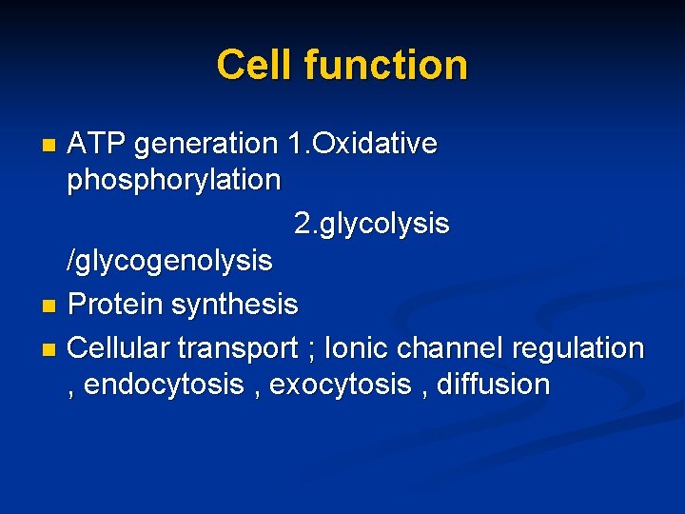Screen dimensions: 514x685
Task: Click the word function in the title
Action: [385, 66]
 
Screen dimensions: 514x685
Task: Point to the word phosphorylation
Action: [174, 180]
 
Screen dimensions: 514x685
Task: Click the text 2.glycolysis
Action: [372, 225]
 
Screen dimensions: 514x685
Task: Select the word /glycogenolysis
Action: [169, 260]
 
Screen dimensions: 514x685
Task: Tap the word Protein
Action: [116, 305]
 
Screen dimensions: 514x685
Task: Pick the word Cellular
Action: [123, 348]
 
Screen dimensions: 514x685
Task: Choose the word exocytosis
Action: [342, 385]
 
